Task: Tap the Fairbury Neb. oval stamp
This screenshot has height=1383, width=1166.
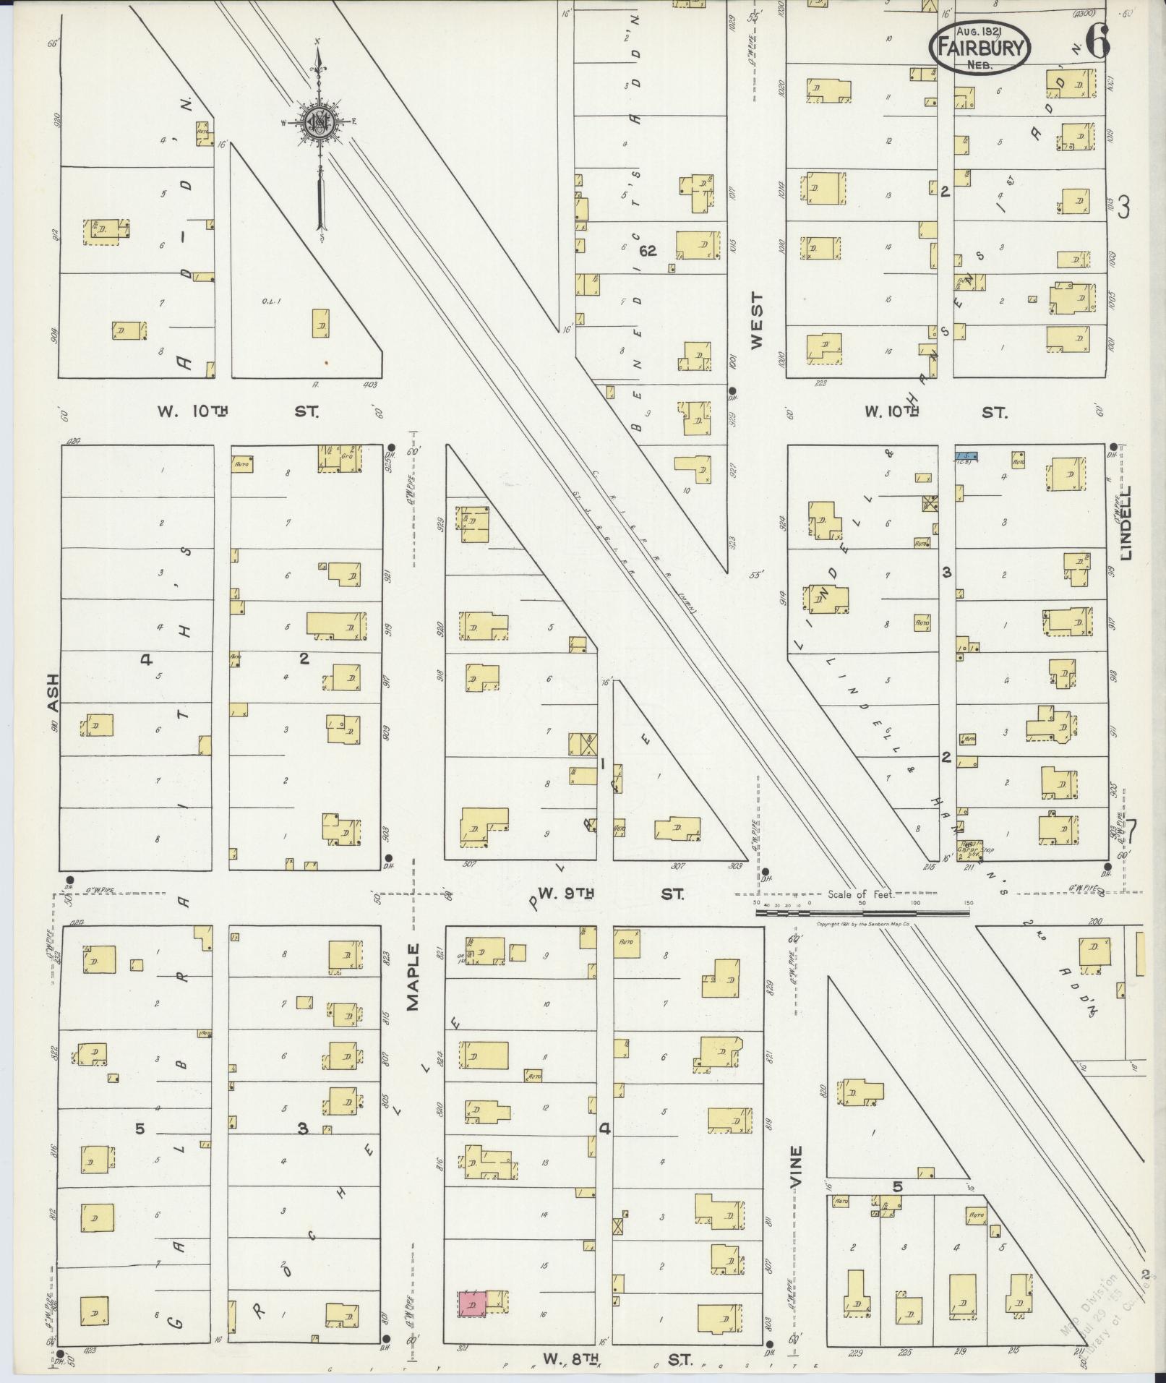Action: tap(979, 47)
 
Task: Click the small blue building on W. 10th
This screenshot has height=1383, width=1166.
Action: tap(966, 456)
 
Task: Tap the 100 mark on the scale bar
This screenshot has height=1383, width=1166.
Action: tap(915, 904)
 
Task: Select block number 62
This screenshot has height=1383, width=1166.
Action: tap(647, 251)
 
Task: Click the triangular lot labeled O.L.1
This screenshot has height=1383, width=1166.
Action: tap(289, 304)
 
